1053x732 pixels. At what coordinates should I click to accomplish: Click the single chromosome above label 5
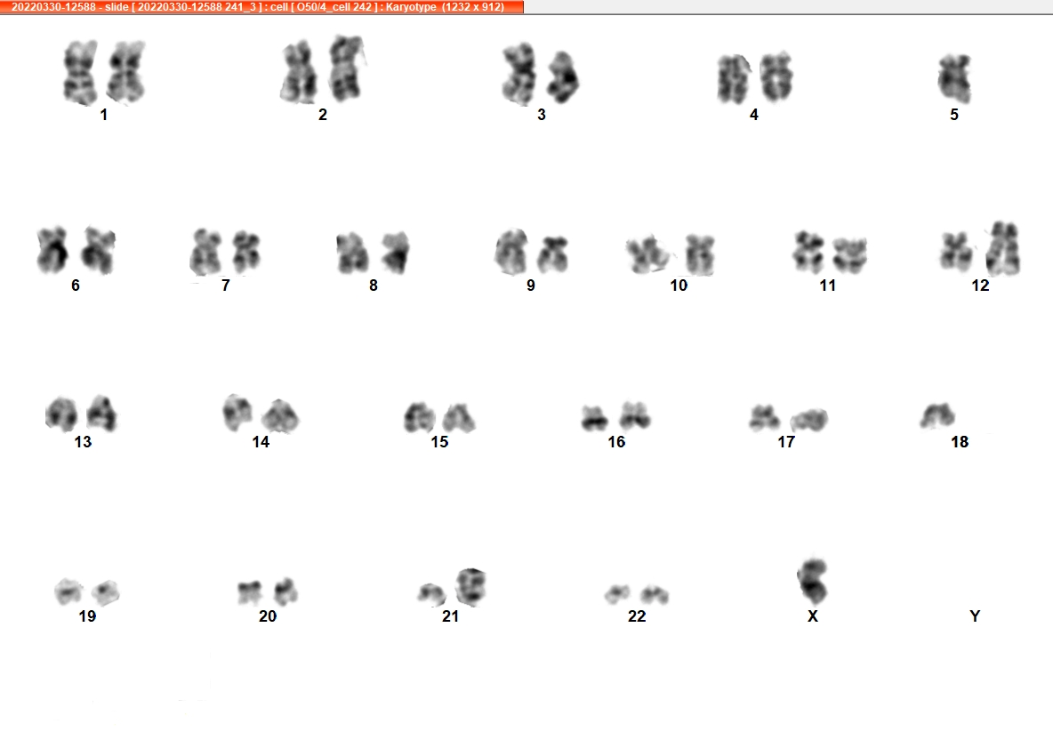coord(954,78)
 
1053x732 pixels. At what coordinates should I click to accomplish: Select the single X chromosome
coord(813,581)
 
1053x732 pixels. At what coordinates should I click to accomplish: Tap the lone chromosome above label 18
coord(937,415)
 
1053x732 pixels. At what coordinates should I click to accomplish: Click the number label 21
coord(450,615)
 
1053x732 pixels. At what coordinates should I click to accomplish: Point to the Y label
coord(975,615)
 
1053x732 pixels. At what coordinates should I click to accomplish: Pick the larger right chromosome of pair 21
coord(470,587)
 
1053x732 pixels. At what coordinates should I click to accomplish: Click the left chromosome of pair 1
coord(80,73)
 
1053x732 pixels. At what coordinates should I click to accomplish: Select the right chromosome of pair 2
coord(346,68)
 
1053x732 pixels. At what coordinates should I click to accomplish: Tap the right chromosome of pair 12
coord(1003,248)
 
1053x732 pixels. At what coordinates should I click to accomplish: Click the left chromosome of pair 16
coord(594,418)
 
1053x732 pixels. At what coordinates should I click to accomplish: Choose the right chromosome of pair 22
coord(654,594)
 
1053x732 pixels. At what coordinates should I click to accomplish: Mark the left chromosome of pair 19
coord(68,591)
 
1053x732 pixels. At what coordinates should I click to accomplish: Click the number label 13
coord(83,442)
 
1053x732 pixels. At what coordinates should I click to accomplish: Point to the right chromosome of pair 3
coord(563,77)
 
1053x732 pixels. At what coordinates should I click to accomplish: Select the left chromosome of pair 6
coord(52,250)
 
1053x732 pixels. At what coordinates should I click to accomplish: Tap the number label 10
coord(679,286)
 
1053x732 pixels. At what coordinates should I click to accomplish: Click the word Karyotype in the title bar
coord(411,7)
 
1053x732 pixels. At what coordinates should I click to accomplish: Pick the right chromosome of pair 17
coord(808,420)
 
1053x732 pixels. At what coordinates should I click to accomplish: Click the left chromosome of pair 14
coord(237,413)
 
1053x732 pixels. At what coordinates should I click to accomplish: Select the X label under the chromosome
coord(813,615)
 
